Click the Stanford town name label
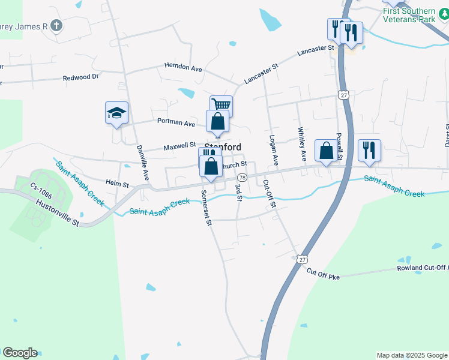223,147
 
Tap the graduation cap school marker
117,113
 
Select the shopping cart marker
221,106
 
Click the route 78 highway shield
242,178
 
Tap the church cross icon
56,25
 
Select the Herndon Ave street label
184,68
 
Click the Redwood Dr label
80,78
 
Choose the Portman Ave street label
176,123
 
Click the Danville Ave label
142,163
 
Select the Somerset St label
206,208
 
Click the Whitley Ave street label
302,144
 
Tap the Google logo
20,353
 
